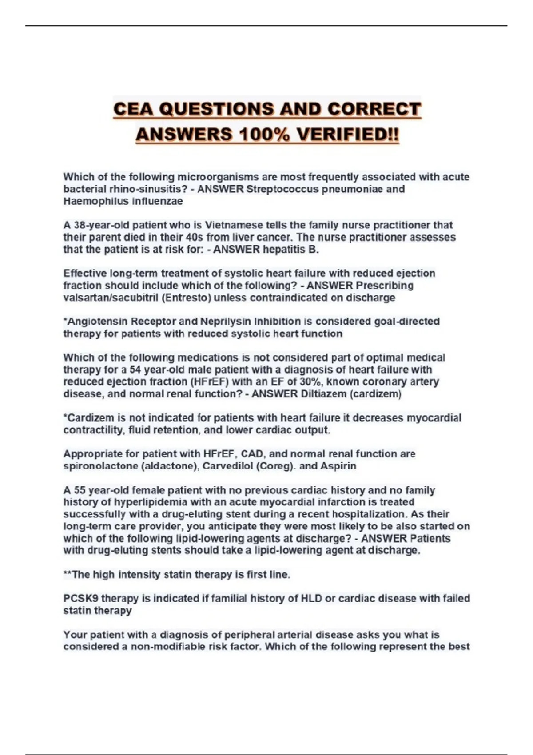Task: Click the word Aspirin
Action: [x=338, y=466]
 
